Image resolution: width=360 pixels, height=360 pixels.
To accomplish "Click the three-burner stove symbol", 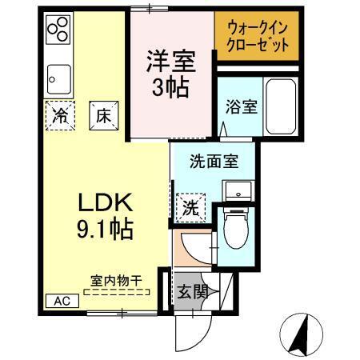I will tap(59, 31).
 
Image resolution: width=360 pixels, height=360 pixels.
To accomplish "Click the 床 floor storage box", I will tap(103, 114).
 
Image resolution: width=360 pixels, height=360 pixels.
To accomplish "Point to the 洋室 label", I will tap(170, 60).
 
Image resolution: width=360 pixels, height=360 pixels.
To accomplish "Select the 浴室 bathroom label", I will tap(241, 106).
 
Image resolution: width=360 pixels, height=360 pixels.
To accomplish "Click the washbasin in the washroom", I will tap(238, 190).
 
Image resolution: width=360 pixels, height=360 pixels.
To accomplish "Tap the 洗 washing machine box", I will tap(190, 207).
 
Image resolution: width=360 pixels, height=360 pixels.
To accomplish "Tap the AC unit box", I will tap(62, 300).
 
